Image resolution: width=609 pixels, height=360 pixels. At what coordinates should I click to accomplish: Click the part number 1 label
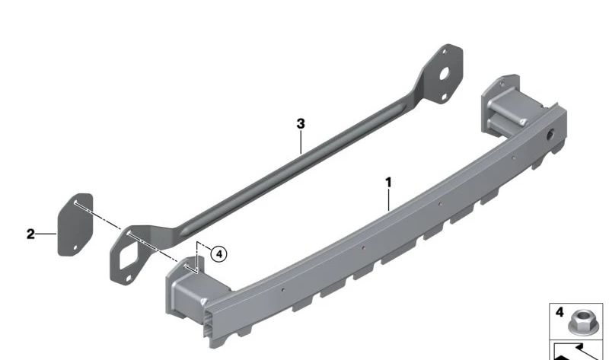click(388, 182)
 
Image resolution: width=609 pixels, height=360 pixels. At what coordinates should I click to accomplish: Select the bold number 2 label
click(30, 234)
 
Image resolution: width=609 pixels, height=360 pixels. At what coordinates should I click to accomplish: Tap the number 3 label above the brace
click(301, 123)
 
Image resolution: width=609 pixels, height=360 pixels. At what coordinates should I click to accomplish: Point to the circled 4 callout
click(218, 254)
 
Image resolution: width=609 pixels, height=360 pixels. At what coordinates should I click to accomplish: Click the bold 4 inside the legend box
click(560, 312)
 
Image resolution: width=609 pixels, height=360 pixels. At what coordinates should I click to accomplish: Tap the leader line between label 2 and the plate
click(47, 234)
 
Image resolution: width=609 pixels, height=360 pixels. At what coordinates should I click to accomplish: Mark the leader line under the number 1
click(389, 199)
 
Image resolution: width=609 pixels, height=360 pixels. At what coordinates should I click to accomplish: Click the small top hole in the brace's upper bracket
click(446, 53)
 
